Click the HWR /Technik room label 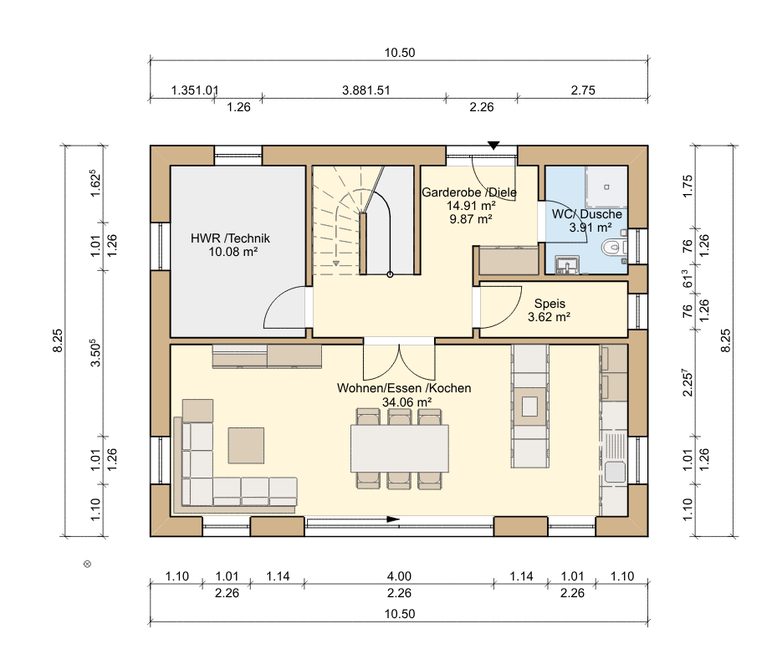231,238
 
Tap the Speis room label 550,304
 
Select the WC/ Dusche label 586,214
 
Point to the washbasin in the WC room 567,263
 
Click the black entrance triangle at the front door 493,146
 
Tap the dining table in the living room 400,448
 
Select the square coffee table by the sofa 246,446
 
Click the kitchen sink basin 615,472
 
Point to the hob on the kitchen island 529,407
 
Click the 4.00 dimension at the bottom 399,576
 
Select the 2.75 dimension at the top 583,90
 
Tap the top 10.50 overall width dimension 400,53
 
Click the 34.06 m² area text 406,401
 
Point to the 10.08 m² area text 233,252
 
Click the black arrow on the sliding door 393,519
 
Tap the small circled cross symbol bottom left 88,564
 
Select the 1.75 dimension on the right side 688,187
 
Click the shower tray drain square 606,187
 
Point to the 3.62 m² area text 549,317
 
